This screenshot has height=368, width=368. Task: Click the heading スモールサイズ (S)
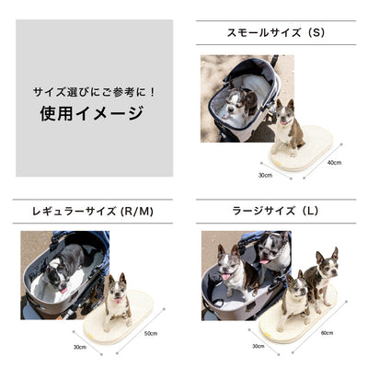tap(276, 32)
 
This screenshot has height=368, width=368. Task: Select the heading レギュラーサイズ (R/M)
tap(93, 212)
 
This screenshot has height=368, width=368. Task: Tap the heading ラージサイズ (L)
tap(276, 211)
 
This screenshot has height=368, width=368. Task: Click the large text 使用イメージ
tap(92, 113)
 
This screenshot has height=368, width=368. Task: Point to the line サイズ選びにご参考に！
tap(94, 92)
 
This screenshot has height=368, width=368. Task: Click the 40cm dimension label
tap(334, 163)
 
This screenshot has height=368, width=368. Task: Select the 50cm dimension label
tap(151, 333)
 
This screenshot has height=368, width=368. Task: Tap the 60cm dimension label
tap(327, 333)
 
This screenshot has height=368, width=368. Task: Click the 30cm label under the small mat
tap(265, 176)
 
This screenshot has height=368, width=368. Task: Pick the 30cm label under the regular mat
tap(80, 347)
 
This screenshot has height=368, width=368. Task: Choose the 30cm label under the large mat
tap(259, 346)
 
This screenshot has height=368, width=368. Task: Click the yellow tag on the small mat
tap(278, 162)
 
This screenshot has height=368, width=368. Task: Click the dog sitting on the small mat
tap(287, 127)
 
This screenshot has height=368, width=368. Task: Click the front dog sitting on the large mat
tap(294, 302)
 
